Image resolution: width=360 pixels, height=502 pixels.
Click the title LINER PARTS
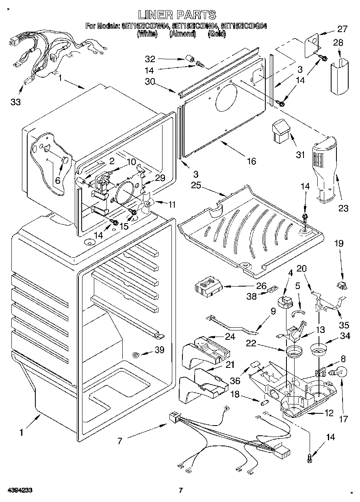coord(177,15)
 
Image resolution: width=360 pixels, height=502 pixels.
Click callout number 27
coord(343,29)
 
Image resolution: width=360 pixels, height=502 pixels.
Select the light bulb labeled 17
coord(340,372)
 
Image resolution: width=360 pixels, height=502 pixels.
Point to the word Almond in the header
coord(182,34)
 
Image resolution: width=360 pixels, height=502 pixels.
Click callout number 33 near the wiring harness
coord(15,102)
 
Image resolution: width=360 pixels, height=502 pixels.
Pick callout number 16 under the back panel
coord(251,161)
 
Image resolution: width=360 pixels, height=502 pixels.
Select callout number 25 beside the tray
coord(196,185)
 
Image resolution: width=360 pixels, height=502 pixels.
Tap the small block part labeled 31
coord(280,131)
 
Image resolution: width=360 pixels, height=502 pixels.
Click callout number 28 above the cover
coord(338,42)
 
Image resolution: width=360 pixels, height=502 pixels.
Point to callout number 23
coord(343,208)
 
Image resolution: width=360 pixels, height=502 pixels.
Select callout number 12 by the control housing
coord(329,413)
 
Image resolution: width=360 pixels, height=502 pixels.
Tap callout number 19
coord(339,243)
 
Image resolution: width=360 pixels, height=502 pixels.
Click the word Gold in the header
coord(217,34)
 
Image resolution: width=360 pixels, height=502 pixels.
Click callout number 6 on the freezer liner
coord(58,180)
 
